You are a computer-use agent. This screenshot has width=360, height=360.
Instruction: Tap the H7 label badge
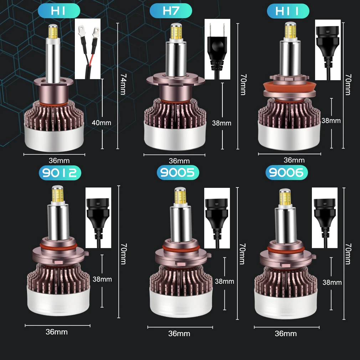(171, 11)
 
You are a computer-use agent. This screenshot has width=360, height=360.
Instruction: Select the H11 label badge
(288, 11)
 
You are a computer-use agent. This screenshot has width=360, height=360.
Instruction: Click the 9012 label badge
(60, 173)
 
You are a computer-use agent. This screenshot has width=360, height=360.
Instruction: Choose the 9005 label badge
(178, 173)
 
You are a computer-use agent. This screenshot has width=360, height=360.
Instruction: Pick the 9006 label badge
(287, 173)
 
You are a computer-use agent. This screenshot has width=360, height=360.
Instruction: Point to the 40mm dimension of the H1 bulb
(101, 123)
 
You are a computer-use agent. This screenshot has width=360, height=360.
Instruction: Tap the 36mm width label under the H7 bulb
(179, 161)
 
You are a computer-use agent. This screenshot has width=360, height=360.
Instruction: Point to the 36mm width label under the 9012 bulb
(56, 332)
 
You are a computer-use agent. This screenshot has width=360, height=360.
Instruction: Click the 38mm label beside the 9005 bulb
(224, 282)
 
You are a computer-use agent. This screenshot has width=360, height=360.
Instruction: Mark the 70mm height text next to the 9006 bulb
(349, 254)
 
